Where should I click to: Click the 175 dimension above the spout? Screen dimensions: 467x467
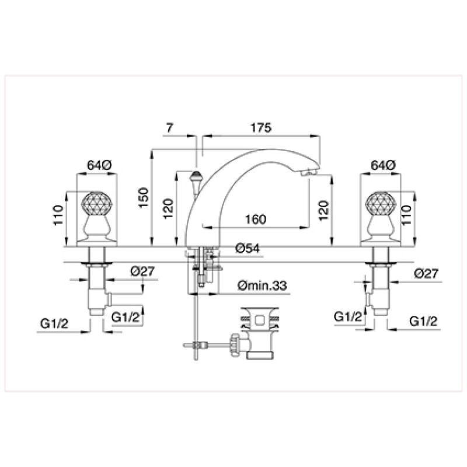pyautogui.click(x=261, y=127)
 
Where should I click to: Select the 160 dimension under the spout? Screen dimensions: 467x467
pyautogui.click(x=256, y=219)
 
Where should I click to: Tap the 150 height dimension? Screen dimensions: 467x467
pyautogui.click(x=143, y=198)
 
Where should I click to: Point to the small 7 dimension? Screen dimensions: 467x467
pyautogui.click(x=169, y=128)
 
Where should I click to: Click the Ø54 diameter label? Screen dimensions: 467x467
pyautogui.click(x=247, y=248)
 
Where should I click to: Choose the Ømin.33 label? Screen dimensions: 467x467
pyautogui.click(x=262, y=285)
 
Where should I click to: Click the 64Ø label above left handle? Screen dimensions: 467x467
pyautogui.click(x=99, y=165)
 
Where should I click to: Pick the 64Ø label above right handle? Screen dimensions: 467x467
pyautogui.click(x=383, y=165)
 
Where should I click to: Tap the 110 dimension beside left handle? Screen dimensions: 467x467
pyautogui.click(x=58, y=215)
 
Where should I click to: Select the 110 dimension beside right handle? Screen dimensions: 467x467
pyautogui.click(x=406, y=215)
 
